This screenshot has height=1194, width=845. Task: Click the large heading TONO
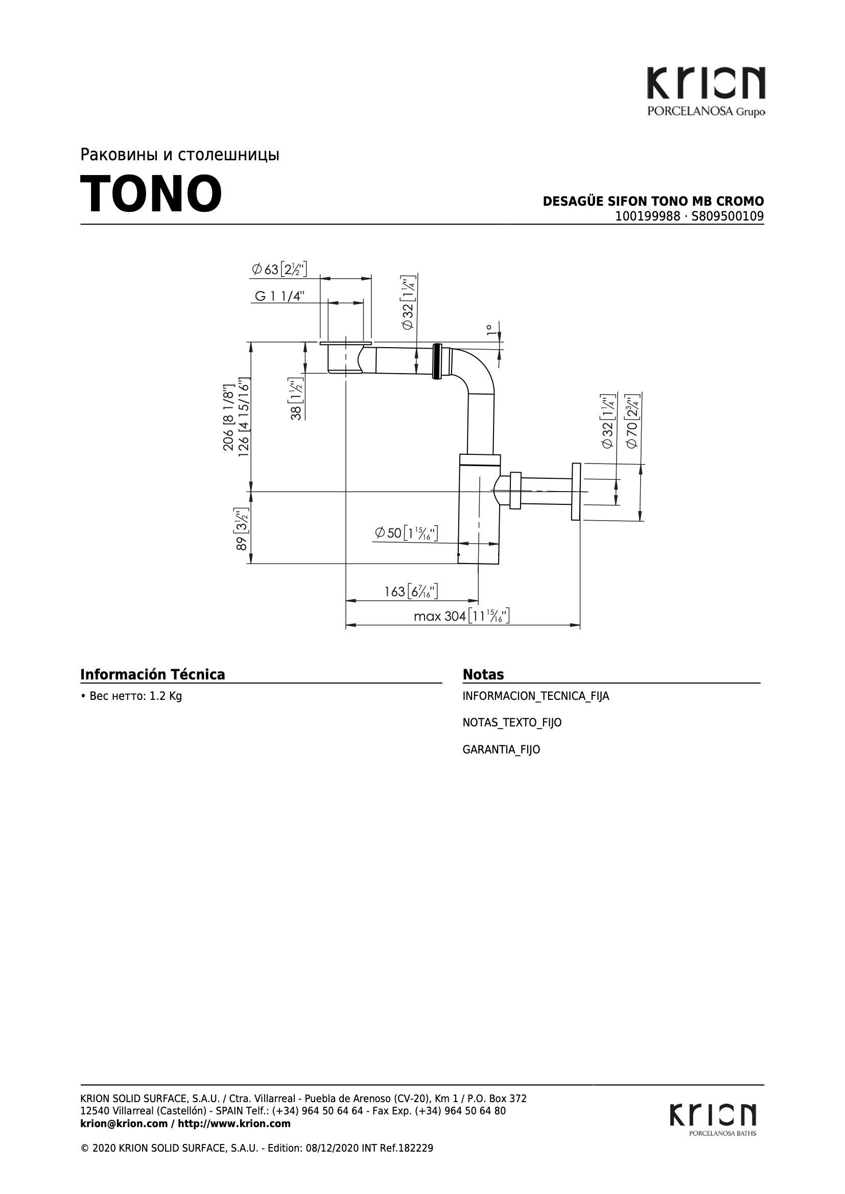pyautogui.click(x=151, y=194)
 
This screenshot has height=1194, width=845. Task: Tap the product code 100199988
pyautogui.click(x=647, y=216)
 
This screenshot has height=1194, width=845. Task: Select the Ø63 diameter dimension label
pyautogui.click(x=279, y=269)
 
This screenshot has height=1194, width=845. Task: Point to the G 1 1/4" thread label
pyautogui.click(x=279, y=296)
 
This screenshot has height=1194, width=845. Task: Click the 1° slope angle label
pyautogui.click(x=489, y=330)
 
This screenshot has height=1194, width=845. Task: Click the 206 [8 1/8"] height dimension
pyautogui.click(x=228, y=418)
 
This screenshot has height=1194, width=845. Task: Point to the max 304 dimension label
pyautogui.click(x=461, y=616)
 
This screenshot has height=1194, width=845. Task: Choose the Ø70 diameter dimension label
pyautogui.click(x=631, y=421)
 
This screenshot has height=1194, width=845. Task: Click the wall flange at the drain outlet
pyautogui.click(x=575, y=492)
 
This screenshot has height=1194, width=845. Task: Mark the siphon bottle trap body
pyautogui.click(x=479, y=509)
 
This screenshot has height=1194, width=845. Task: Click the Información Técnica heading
pyautogui.click(x=152, y=674)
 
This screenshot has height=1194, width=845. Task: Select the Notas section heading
pyautogui.click(x=483, y=674)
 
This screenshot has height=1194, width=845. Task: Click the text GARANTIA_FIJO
pyautogui.click(x=501, y=749)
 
